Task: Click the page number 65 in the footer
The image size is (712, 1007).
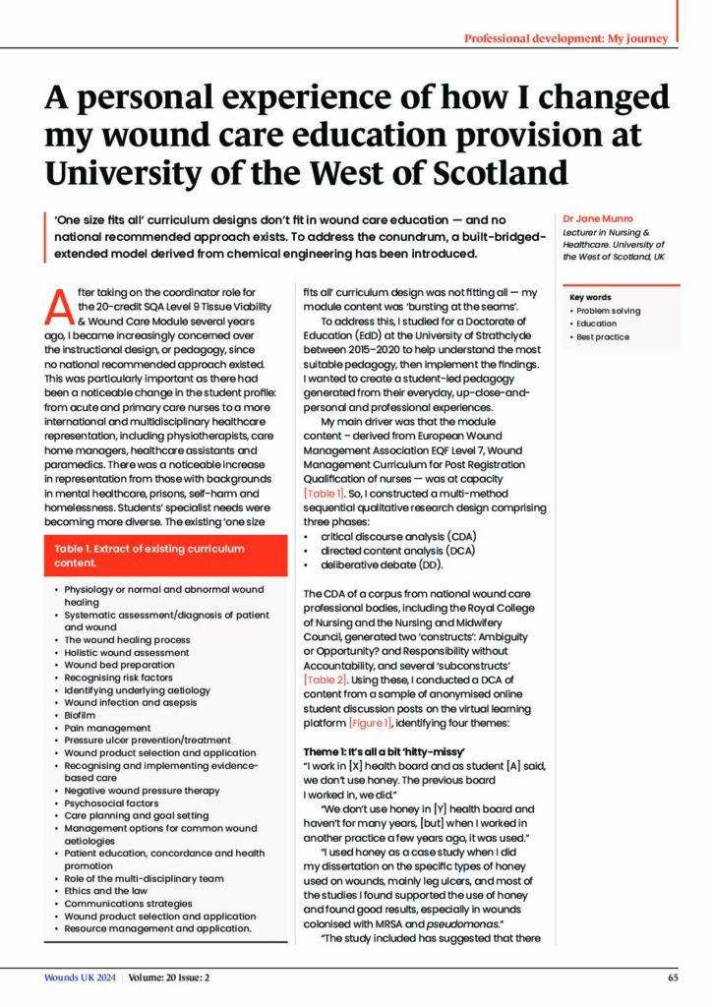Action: click(x=672, y=977)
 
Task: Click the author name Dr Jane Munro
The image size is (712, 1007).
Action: click(x=597, y=217)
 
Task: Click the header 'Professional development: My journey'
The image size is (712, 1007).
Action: click(x=566, y=38)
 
